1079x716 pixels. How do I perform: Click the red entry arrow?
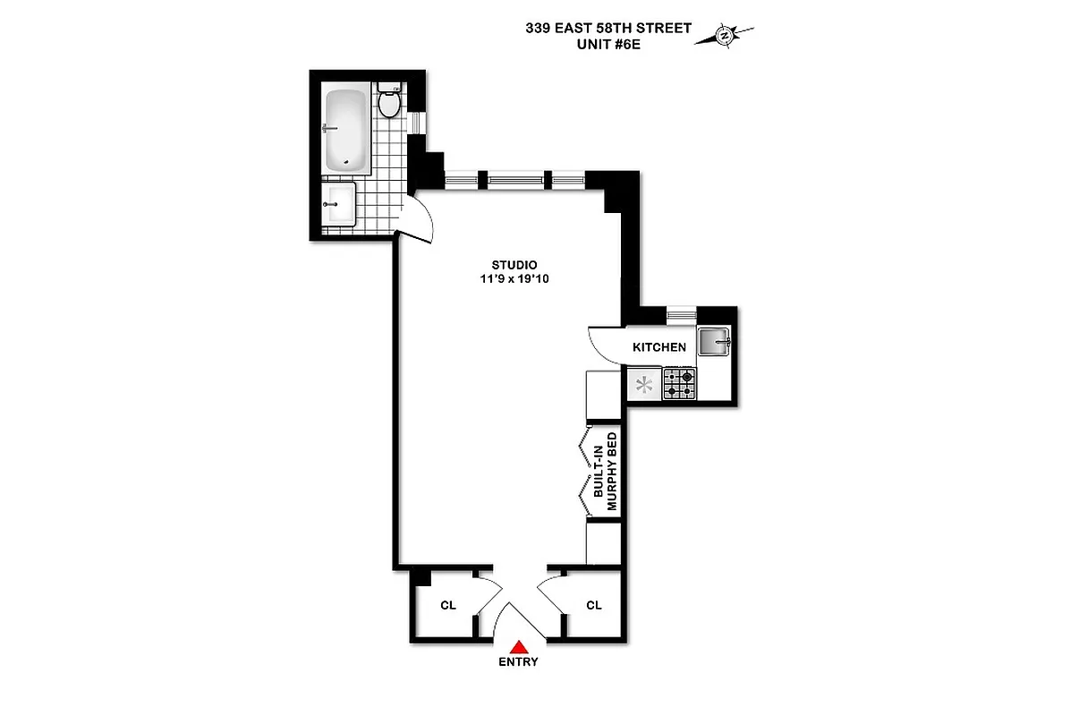pyautogui.click(x=518, y=646)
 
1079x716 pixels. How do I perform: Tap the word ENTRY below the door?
pyautogui.click(x=518, y=662)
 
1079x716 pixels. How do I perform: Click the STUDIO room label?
pyautogui.click(x=514, y=265)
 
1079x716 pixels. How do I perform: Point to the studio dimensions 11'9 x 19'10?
pyautogui.click(x=514, y=279)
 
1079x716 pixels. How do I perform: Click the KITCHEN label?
pyautogui.click(x=659, y=347)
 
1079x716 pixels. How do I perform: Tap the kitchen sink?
pyautogui.click(x=714, y=341)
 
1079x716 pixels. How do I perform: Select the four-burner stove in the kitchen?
pyautogui.click(x=679, y=385)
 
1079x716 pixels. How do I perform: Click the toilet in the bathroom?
pyautogui.click(x=388, y=102)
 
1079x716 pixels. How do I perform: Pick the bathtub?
pyautogui.click(x=345, y=129)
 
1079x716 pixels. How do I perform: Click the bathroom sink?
pyautogui.click(x=339, y=205)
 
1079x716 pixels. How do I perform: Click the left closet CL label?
pyautogui.click(x=448, y=606)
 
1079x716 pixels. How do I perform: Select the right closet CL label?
pyautogui.click(x=594, y=606)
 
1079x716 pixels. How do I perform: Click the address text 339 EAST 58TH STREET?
pyautogui.click(x=608, y=28)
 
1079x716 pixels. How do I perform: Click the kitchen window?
pyautogui.click(x=682, y=313)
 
